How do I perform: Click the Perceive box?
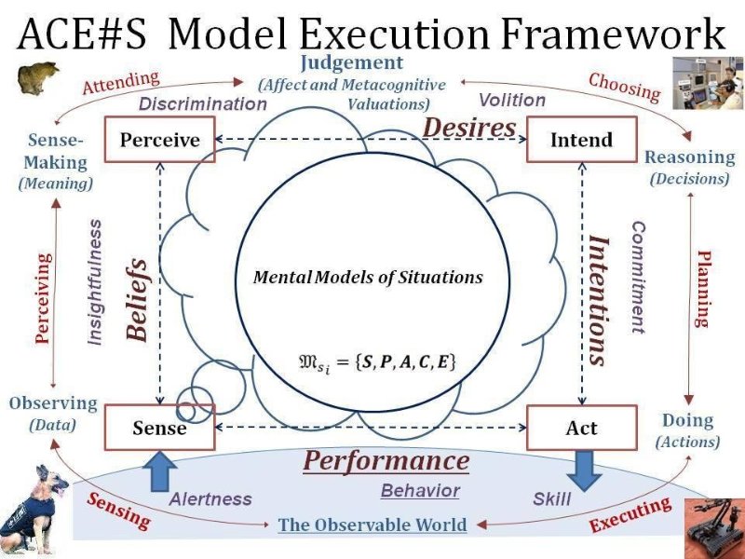[160, 140]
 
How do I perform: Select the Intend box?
[582, 140]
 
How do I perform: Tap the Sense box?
[160, 429]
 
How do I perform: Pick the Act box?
[582, 429]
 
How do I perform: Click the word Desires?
[471, 127]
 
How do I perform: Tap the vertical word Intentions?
[599, 299]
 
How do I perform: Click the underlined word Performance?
[386, 461]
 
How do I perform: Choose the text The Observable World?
[372, 525]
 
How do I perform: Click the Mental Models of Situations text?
[369, 277]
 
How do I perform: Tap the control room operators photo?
[708, 84]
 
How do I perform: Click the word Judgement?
[352, 63]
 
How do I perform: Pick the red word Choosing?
[624, 86]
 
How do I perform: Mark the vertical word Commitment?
[638, 277]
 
